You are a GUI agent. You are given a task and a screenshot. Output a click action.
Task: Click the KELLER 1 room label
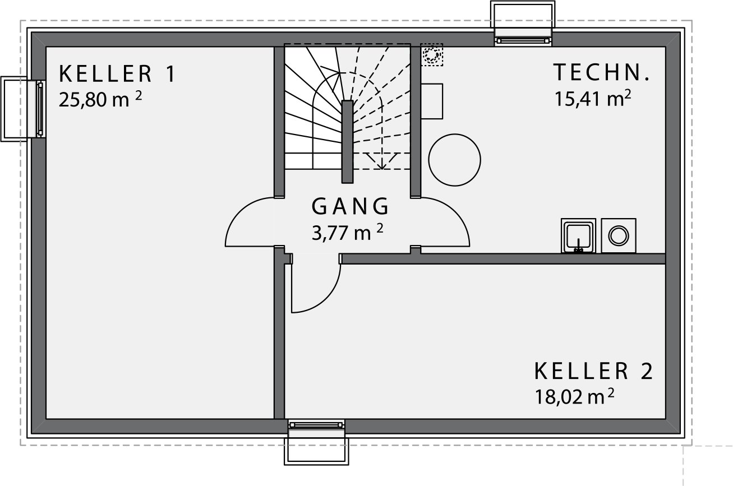(117, 74)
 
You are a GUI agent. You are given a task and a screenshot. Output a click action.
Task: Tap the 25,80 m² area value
(100, 99)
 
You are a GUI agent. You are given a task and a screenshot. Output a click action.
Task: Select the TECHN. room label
(601, 72)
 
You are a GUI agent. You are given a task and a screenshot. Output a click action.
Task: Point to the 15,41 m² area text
(593, 99)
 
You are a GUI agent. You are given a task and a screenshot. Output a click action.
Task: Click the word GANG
(350, 206)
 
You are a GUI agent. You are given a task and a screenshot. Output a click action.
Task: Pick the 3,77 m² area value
(347, 233)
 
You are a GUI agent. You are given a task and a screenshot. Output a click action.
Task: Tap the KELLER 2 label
(593, 371)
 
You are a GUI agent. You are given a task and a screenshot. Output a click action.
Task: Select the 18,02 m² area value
(574, 397)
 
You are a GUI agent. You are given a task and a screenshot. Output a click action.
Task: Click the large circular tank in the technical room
(454, 160)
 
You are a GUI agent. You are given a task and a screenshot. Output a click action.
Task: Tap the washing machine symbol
(619, 236)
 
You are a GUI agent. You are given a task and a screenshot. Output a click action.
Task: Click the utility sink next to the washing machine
(579, 236)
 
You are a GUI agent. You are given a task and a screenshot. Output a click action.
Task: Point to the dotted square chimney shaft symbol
(432, 54)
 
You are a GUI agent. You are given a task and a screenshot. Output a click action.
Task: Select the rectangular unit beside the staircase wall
(432, 101)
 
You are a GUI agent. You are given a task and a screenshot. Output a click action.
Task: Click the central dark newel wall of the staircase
(348, 142)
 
